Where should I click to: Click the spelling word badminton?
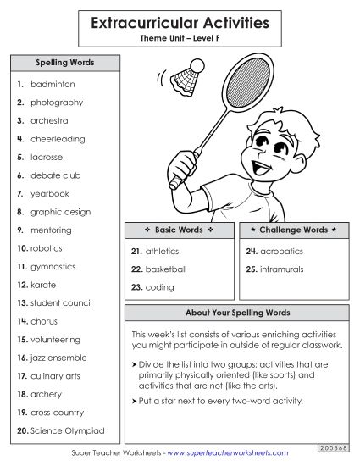pyautogui.click(x=53, y=85)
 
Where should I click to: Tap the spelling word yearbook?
pyautogui.click(x=50, y=193)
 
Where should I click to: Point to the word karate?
pyautogui.click(x=43, y=285)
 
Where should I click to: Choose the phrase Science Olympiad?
pyautogui.click(x=67, y=430)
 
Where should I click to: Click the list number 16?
pyautogui.click(x=22, y=358)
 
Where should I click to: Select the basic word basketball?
pyautogui.click(x=165, y=269)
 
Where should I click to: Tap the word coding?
pyautogui.click(x=159, y=287)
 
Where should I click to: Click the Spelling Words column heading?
pyautogui.click(x=64, y=63)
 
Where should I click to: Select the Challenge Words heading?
pyautogui.click(x=293, y=230)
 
